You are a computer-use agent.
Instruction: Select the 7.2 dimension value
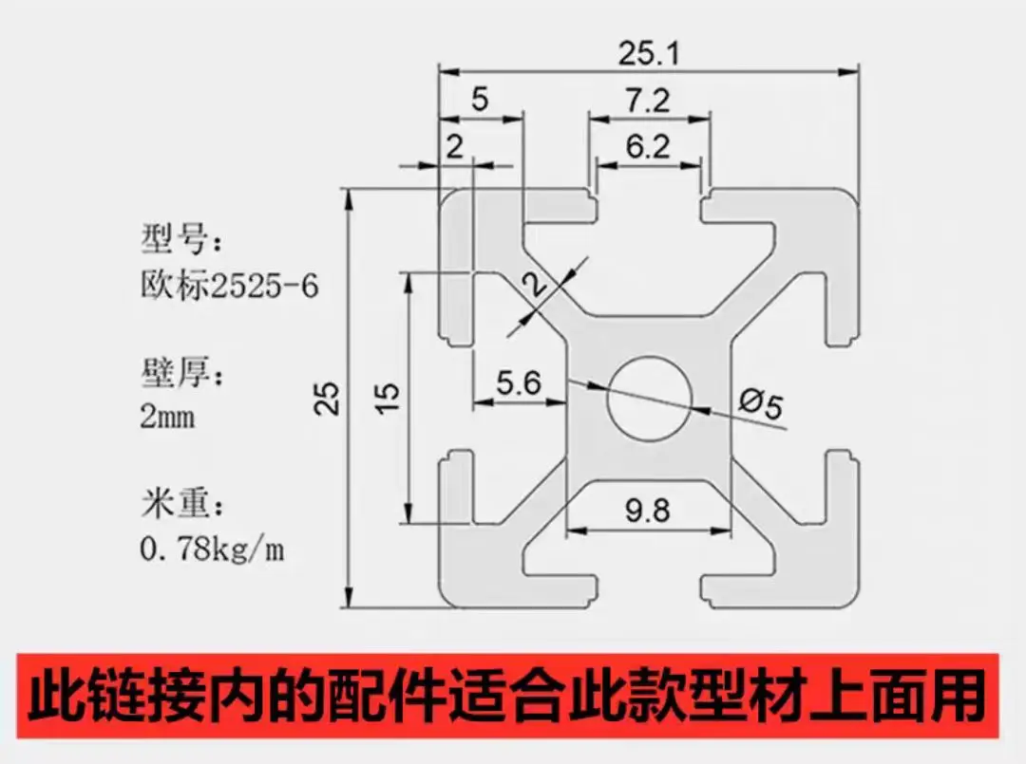[648, 101]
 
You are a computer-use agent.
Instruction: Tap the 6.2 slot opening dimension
[648, 146]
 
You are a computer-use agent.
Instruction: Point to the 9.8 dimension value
[648, 510]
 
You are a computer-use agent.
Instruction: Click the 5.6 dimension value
[519, 383]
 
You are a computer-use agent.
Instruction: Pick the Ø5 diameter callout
[760, 402]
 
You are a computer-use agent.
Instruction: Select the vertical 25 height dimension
[327, 398]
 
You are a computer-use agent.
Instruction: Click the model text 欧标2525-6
[230, 286]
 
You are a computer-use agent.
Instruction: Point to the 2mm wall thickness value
[167, 416]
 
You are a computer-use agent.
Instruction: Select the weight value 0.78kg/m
[213, 550]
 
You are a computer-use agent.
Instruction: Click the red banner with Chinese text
[507, 696]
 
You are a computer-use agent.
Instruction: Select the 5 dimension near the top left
[480, 100]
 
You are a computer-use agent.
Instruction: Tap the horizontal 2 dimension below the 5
[454, 146]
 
